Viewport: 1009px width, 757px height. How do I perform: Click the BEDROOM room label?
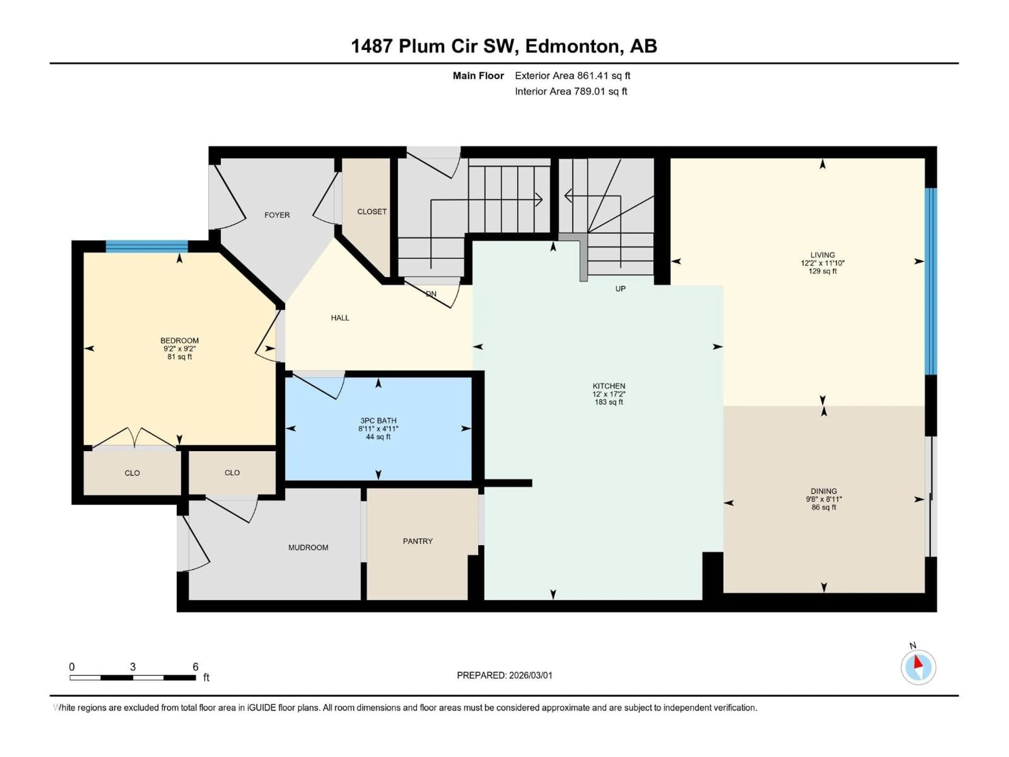(179, 340)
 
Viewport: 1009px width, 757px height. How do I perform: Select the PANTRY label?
(417, 541)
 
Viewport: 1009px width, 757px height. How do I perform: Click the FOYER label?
(277, 215)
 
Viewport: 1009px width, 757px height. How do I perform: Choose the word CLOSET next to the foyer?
(372, 212)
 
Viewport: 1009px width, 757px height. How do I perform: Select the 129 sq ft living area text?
(822, 271)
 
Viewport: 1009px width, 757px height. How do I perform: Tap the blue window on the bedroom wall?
(147, 246)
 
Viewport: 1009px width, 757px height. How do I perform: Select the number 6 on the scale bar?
(195, 667)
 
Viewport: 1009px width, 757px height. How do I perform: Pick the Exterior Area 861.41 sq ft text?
(573, 76)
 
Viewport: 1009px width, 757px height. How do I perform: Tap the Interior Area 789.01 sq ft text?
(571, 91)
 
